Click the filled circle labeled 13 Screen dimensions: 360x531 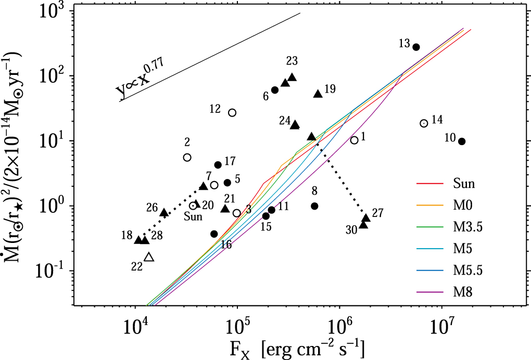(x=416, y=47)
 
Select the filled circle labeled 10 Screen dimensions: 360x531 (x=461, y=141)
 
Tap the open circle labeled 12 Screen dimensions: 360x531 (x=232, y=112)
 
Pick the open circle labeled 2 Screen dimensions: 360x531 (x=187, y=157)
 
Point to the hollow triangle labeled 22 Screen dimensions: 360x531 (x=149, y=257)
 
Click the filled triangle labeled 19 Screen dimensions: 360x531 (x=318, y=94)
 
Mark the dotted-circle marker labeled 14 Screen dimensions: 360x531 (x=424, y=123)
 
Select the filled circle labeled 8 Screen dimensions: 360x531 (x=314, y=206)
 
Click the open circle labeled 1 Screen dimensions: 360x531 (x=355, y=140)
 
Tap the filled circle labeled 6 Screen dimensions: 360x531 (x=275, y=90)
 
